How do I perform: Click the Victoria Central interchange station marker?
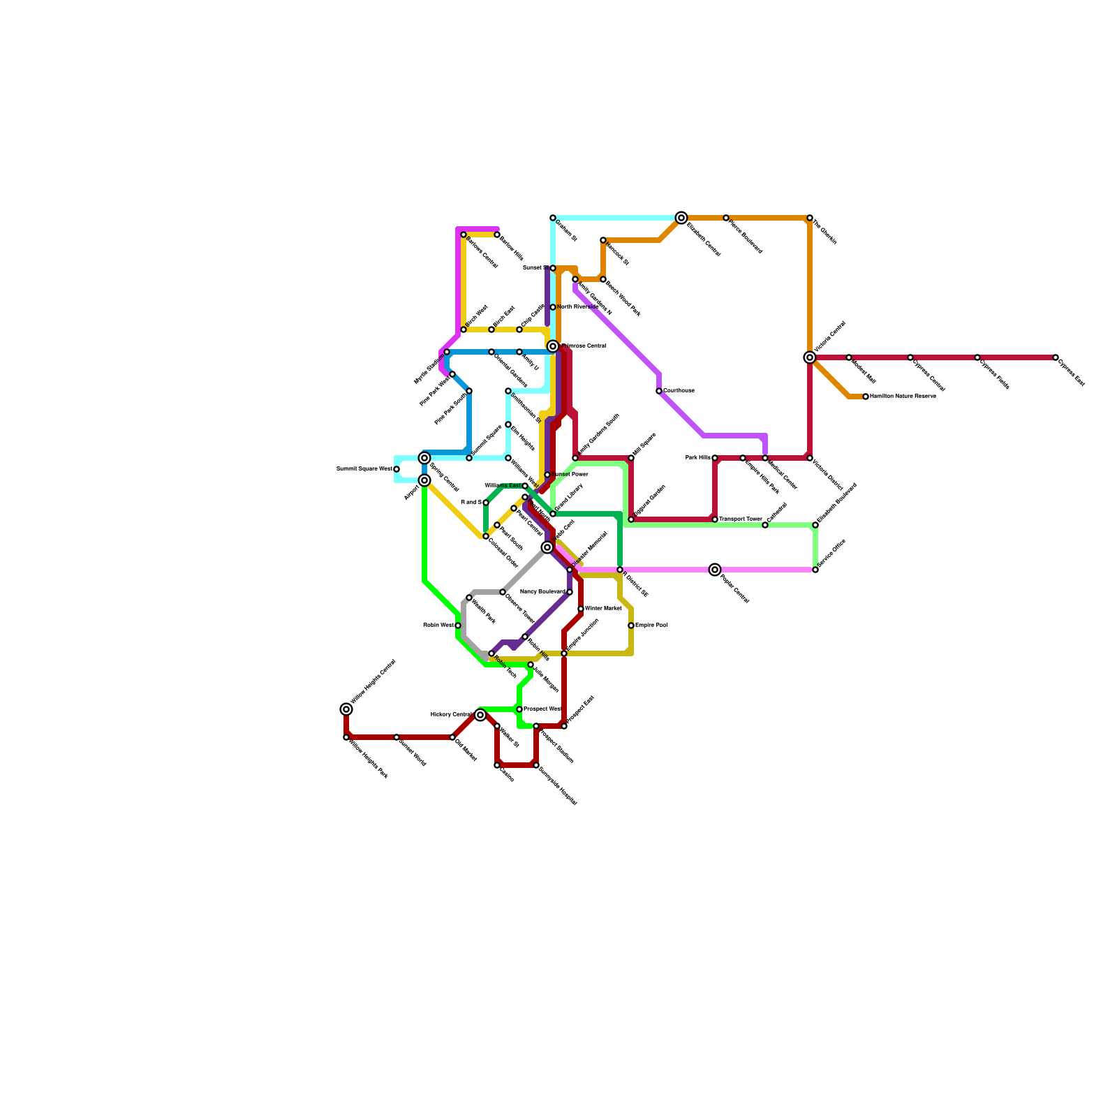(810, 357)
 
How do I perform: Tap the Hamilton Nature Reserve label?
(902, 397)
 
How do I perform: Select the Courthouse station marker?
(659, 391)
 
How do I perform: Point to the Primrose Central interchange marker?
(553, 346)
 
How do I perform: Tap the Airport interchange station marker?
(424, 480)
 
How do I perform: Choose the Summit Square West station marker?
(397, 469)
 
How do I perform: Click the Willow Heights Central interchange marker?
(346, 709)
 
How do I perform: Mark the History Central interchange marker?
(480, 715)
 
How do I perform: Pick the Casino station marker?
(497, 765)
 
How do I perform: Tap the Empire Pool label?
(651, 626)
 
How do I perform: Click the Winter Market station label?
(603, 609)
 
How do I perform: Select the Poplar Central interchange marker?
(715, 570)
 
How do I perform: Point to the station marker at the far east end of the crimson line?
(1056, 357)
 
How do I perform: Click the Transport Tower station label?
(740, 519)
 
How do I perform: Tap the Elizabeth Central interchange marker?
(681, 218)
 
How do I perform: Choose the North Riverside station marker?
(553, 307)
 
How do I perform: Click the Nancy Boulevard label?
(542, 592)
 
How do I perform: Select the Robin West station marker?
(458, 626)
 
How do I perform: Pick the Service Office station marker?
(815, 570)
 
